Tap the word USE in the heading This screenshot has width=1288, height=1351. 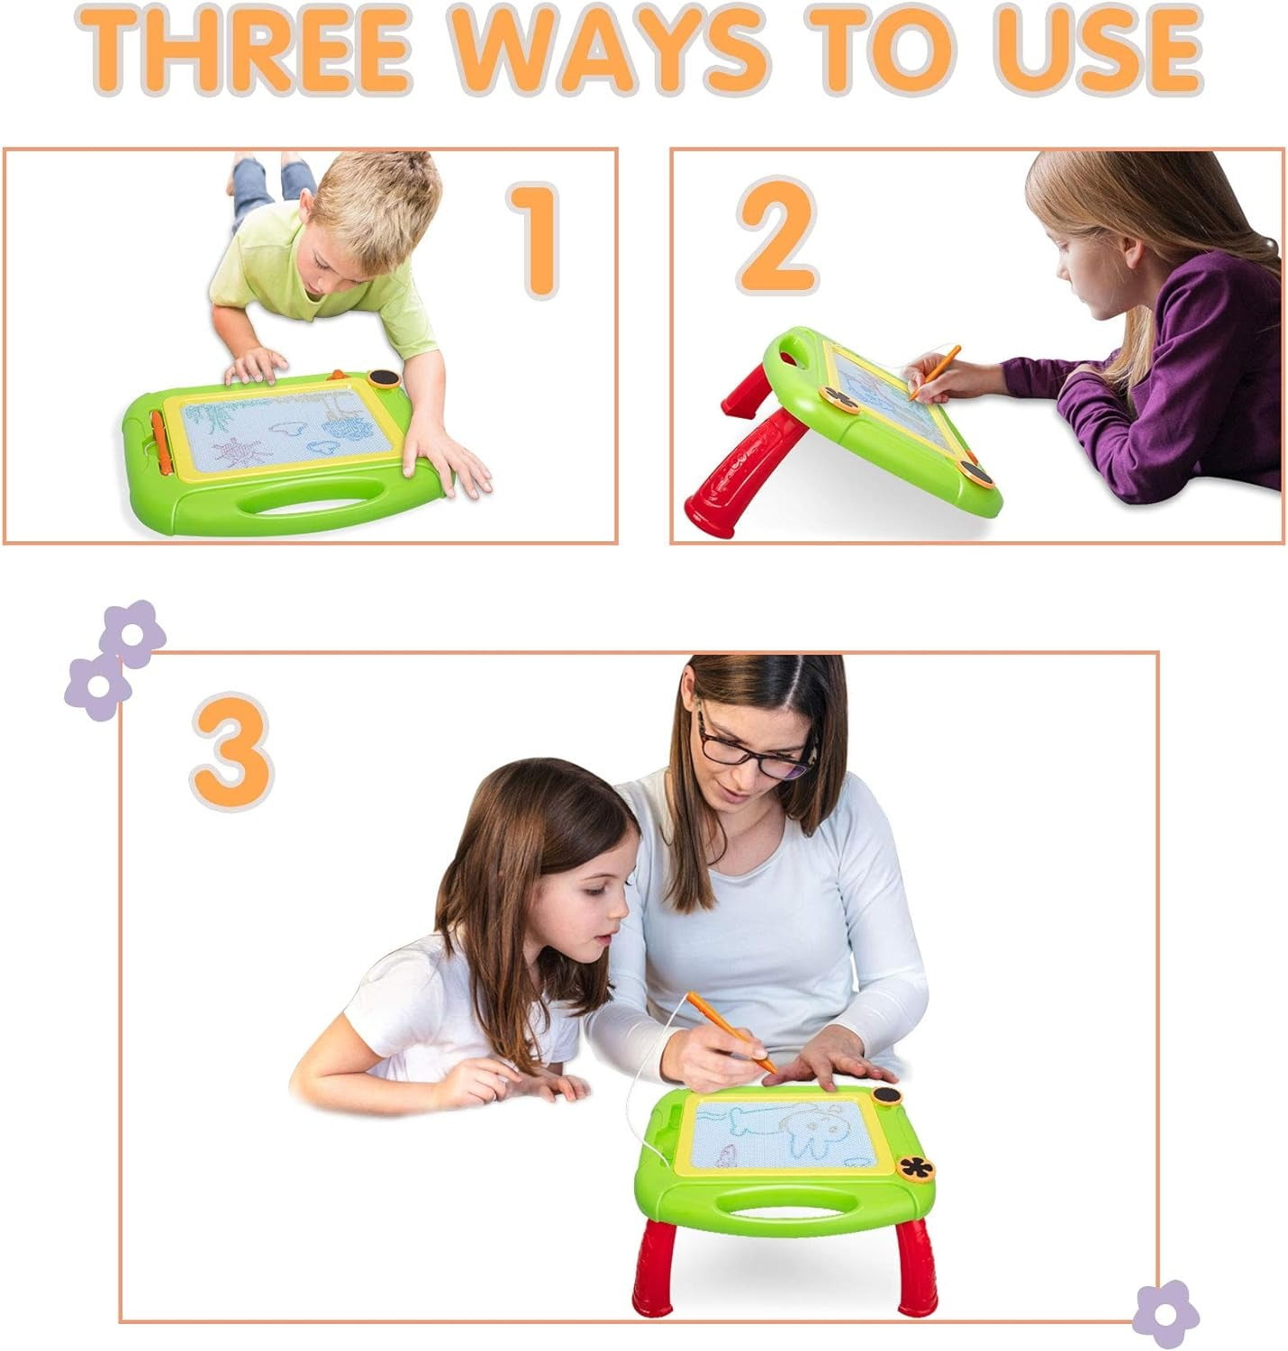coord(1100,50)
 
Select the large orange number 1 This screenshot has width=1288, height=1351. coord(535,240)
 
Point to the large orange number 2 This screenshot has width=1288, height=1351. coord(777,236)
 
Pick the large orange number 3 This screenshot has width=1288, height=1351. coord(231,751)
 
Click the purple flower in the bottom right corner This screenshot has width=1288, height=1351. coord(1166,1313)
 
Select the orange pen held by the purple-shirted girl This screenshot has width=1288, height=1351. coord(935,373)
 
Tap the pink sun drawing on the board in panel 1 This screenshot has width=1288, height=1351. coord(240,451)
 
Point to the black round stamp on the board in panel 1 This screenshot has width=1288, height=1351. coord(385,378)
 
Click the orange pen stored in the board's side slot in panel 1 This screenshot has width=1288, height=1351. coord(159,442)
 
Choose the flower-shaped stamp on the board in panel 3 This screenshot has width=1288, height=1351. coord(915,1167)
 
